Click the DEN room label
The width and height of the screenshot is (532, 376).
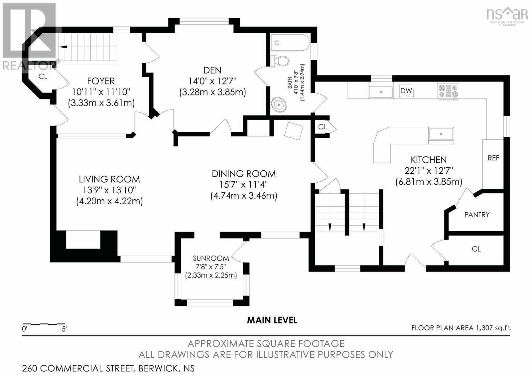(x=212, y=70)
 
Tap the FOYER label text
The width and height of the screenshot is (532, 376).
(x=101, y=81)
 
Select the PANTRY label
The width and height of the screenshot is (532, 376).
(x=477, y=215)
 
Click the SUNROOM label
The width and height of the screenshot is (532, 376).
(x=211, y=258)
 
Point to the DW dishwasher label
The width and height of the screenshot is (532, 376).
(x=406, y=91)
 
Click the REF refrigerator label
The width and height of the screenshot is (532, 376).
(x=493, y=158)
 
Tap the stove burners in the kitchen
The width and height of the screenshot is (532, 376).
(x=448, y=91)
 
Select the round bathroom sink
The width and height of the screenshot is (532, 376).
(x=279, y=104)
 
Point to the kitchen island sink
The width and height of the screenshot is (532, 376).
(x=441, y=135)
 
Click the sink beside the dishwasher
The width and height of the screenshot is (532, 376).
(x=381, y=92)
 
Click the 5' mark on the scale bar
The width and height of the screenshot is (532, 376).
(x=64, y=329)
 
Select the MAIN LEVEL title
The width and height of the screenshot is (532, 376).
(x=272, y=320)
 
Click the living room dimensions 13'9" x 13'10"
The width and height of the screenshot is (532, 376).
(x=109, y=190)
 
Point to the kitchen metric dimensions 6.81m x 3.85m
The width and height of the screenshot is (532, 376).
(x=429, y=182)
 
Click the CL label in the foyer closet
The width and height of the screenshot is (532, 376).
(x=43, y=77)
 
